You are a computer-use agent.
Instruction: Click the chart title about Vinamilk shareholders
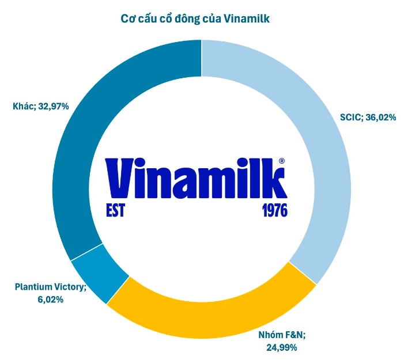click(x=202, y=18)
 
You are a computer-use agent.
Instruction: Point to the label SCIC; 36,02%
click(x=368, y=118)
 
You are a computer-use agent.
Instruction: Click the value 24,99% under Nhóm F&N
click(x=282, y=347)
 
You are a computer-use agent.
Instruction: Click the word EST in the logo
click(x=115, y=210)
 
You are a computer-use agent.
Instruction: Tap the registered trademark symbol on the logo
click(x=281, y=162)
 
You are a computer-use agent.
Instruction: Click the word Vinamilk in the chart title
click(x=250, y=18)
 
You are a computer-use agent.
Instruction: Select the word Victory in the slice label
click(x=71, y=286)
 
